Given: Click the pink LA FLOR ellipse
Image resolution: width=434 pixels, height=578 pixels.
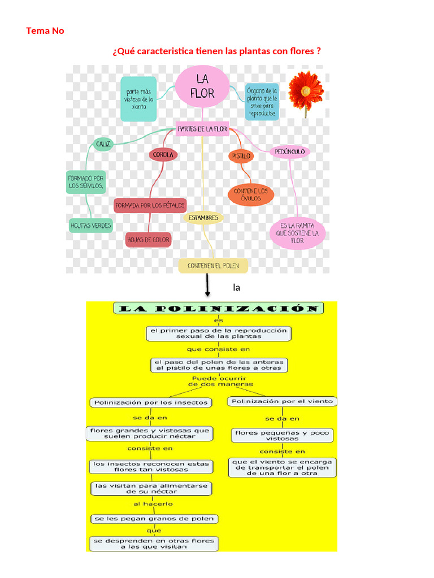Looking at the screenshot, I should tap(202, 86).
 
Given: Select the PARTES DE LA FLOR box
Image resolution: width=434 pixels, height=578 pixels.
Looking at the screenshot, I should tap(202, 129).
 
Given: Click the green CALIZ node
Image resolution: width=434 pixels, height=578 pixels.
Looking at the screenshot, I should tap(103, 144).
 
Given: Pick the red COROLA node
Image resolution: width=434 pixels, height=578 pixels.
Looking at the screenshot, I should tap(163, 154).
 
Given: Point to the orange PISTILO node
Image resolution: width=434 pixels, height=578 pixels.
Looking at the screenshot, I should tap(241, 155).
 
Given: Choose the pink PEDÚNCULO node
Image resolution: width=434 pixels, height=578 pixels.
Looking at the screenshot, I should tap(290, 151).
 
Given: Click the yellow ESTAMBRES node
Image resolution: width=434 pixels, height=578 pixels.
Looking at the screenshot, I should tap(203, 217).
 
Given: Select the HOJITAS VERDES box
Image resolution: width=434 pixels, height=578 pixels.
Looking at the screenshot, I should tap(90, 225).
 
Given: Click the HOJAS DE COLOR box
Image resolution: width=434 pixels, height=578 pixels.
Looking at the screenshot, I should tap(148, 240).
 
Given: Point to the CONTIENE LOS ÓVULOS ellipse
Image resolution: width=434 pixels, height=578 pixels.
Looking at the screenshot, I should tap(251, 195).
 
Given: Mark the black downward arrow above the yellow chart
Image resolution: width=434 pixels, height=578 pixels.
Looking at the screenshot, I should tap(208, 285).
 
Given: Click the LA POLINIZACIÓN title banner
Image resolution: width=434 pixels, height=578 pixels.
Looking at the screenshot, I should tap(219, 308).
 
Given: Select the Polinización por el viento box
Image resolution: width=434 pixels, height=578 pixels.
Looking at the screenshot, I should tap(283, 401).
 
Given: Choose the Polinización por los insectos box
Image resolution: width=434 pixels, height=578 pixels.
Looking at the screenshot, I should tap(151, 402).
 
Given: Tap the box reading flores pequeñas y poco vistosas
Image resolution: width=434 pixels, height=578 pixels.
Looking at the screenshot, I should tap(282, 435).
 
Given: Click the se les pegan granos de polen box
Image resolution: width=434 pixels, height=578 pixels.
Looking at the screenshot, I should tap(154, 519).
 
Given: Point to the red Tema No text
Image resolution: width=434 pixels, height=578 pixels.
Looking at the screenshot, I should tap(45, 31).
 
